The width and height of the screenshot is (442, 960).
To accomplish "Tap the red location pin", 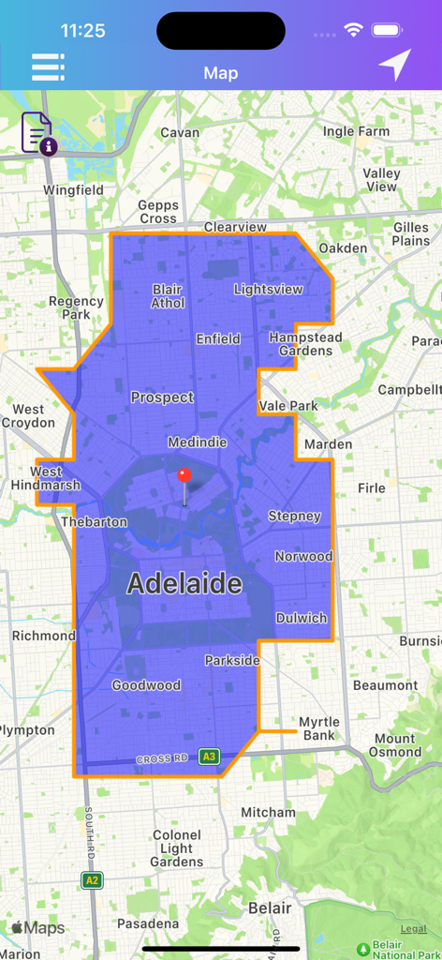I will tap(184, 476).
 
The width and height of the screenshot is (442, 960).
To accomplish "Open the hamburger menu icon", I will tap(48, 67).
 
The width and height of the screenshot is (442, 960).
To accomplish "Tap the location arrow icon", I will tap(394, 66).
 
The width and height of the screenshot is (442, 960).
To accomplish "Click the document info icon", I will tap(37, 132).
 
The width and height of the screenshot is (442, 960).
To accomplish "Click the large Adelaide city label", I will tap(184, 584).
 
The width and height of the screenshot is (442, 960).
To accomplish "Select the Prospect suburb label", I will tap(162, 397).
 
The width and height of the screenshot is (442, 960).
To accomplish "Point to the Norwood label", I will tap(303, 556).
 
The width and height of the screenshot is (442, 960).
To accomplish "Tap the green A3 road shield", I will tap(209, 757).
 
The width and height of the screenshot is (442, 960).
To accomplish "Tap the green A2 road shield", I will tap(92, 880).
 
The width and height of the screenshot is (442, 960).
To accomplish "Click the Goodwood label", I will tap(146, 685).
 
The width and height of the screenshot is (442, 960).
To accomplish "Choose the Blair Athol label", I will tap(168, 296).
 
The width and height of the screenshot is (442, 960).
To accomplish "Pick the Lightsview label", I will tap(269, 289).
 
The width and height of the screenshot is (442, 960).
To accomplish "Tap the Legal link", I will tap(413, 929).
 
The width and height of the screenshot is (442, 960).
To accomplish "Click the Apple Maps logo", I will tap(38, 928).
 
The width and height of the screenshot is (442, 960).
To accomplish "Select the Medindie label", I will tap(197, 442).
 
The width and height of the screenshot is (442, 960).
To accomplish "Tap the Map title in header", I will tap(221, 73).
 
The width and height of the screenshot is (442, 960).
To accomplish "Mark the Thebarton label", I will tap(94, 521).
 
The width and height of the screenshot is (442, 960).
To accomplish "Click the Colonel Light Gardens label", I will tap(176, 847).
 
